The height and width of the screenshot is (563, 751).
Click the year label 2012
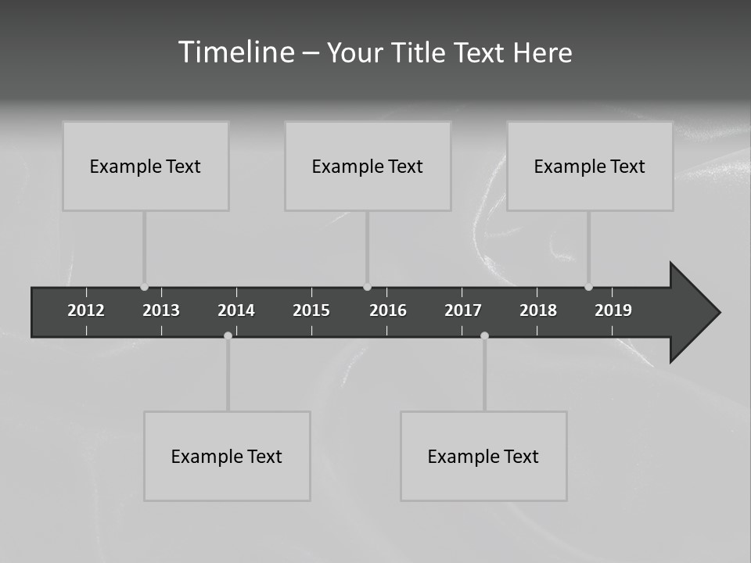point(86,310)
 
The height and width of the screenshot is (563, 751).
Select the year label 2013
point(161,310)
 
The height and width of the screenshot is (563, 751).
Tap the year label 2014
point(236,310)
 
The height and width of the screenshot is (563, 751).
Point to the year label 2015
point(311,310)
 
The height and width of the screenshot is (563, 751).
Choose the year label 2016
point(388,310)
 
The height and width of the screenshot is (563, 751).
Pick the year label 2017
point(463,310)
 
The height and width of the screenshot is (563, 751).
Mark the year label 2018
point(538,310)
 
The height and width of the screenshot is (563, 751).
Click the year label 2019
point(613,310)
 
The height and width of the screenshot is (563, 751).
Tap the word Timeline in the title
point(235,52)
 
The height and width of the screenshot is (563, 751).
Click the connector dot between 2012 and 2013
point(144,287)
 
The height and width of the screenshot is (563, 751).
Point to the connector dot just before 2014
point(228,335)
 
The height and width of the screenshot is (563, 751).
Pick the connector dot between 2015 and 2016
point(367,287)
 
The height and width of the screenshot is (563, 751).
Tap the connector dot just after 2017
point(484,335)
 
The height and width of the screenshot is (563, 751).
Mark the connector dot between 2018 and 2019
point(588,287)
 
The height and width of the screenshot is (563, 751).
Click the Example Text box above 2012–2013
point(146,166)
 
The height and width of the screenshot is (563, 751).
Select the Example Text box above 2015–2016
point(368,166)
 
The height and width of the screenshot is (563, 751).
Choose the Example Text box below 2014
point(227,456)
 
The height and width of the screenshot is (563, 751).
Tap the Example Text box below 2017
point(483,456)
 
